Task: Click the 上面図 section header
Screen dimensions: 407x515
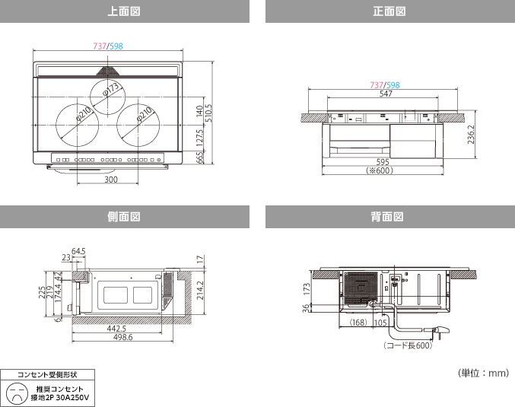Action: point(125,12)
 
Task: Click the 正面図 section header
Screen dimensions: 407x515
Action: point(389,12)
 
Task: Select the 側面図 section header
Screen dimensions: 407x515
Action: point(125,217)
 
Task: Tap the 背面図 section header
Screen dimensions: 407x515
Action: point(389,217)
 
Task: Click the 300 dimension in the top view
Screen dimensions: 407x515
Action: point(111,180)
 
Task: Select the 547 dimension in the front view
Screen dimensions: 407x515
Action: point(386,93)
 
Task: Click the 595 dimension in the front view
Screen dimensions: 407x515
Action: point(383,162)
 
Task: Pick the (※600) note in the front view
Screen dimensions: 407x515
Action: point(383,171)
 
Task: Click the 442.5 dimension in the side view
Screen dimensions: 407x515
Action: point(117,329)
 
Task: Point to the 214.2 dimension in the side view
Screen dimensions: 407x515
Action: point(200,290)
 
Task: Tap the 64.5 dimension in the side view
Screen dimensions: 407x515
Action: point(78,251)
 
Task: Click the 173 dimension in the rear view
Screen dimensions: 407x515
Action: point(307,290)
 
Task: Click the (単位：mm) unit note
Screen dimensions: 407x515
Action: point(482,374)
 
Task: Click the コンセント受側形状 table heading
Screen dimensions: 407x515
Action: point(49,374)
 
